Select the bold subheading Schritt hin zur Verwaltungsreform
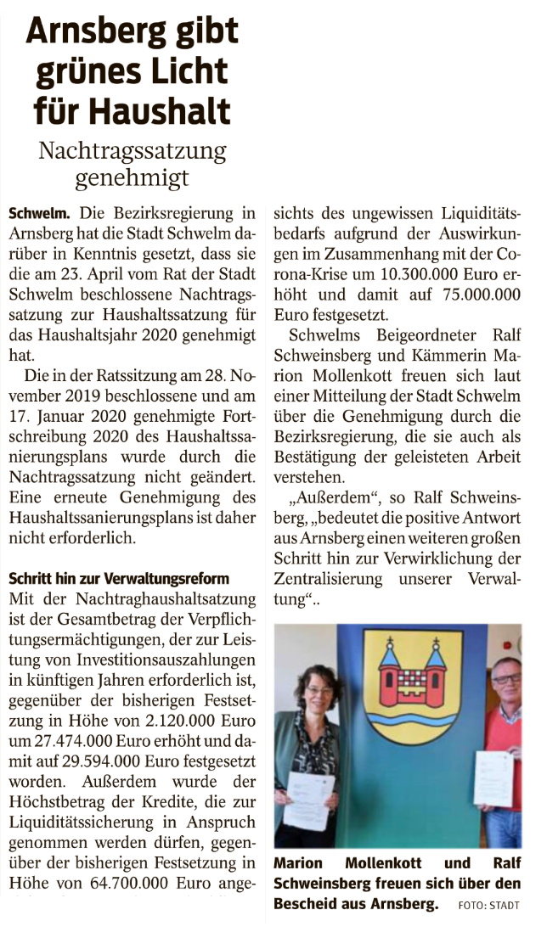[x=118, y=579]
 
